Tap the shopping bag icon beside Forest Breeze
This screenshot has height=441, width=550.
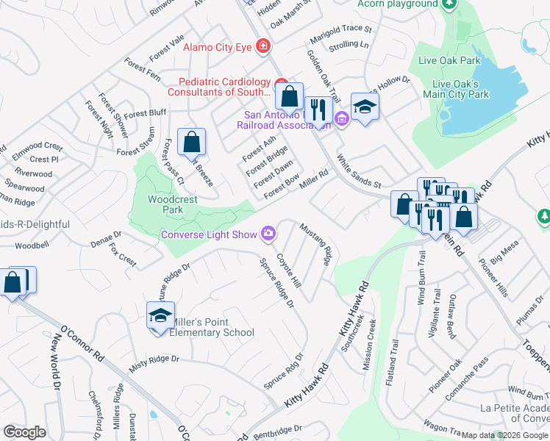[191, 141]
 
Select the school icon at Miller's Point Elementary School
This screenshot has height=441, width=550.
[160, 315]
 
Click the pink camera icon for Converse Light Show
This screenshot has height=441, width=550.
[268, 234]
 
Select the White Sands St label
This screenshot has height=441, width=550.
[359, 171]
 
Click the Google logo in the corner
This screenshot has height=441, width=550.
[24, 431]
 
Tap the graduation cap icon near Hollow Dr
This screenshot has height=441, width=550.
[365, 107]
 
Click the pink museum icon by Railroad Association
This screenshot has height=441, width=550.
[341, 118]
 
